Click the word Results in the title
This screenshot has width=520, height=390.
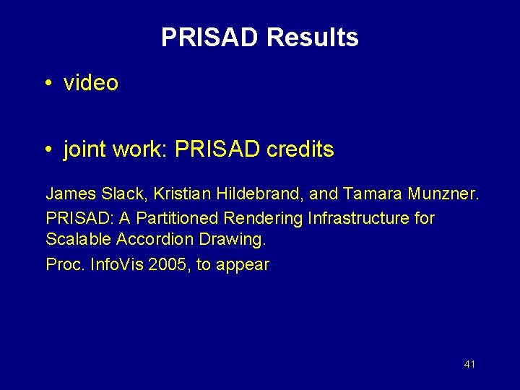pos(312,38)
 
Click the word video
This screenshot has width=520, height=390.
pos(91,83)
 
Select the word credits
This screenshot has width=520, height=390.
pos(300,149)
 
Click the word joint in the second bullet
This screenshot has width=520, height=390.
pos(82,150)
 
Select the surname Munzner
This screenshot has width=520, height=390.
pos(441,194)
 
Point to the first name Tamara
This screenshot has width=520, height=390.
pos(374,194)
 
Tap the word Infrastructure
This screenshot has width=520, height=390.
pos(358,217)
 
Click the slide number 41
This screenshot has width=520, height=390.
pos(469,364)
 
